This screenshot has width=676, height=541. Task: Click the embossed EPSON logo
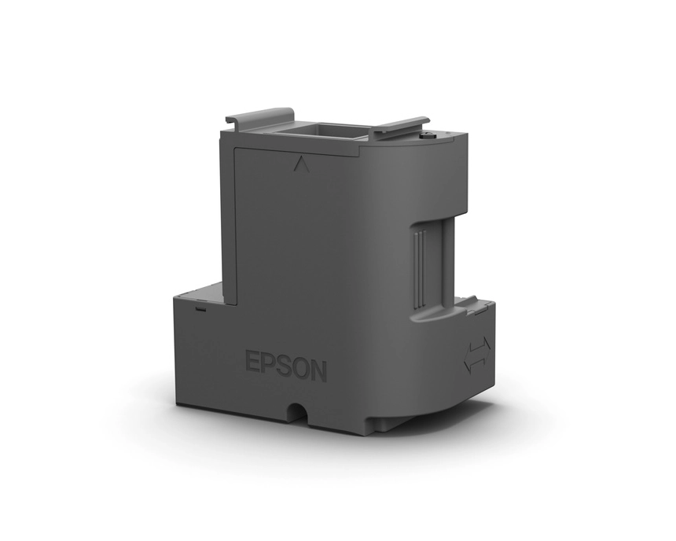[286, 366]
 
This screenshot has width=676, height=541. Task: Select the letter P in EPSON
[267, 363]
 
